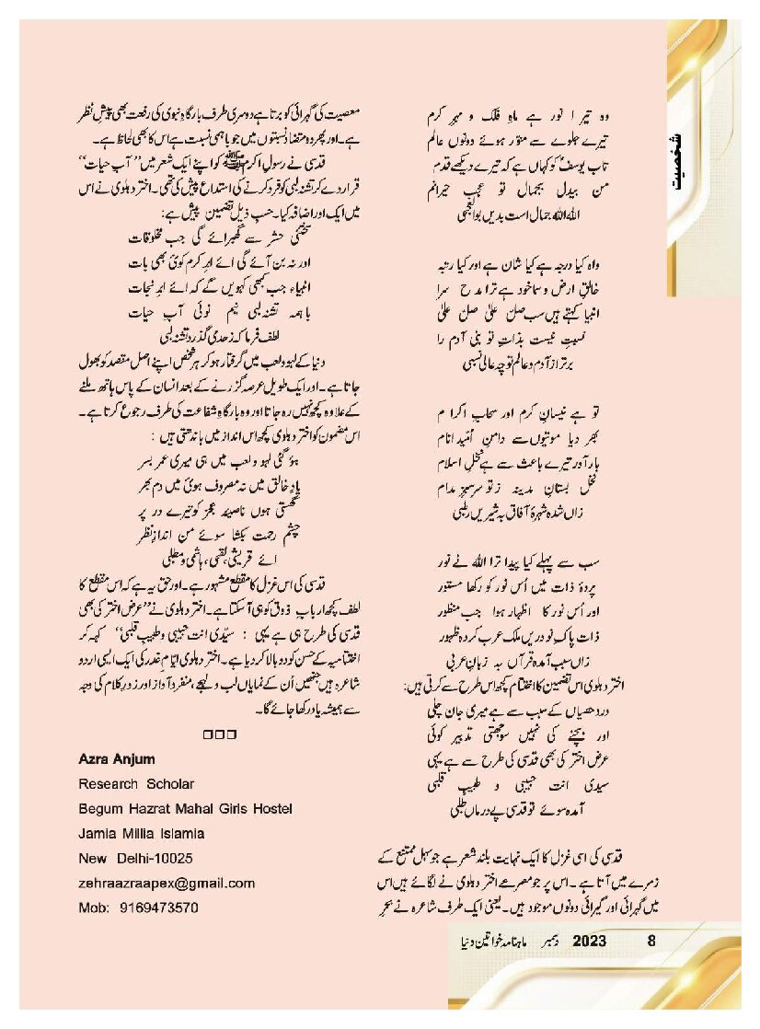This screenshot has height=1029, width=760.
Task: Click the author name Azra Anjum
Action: [x=117, y=759]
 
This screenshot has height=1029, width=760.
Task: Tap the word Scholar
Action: [x=170, y=784]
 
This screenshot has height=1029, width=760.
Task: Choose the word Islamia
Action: [x=182, y=833]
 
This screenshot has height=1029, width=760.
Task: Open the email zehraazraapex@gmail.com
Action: [x=167, y=883]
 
